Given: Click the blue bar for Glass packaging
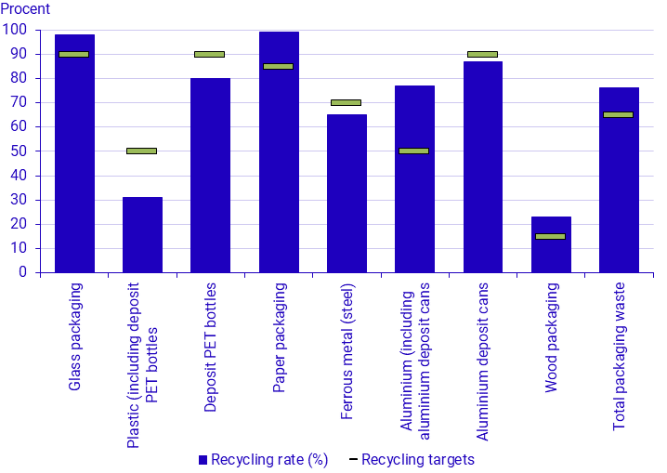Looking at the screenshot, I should pyautogui.click(x=74, y=158).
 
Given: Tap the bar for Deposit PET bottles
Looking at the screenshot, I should pyautogui.click(x=210, y=177).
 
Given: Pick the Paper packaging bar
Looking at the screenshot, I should pyautogui.click(x=279, y=158).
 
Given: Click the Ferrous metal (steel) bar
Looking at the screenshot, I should pyautogui.click(x=347, y=195).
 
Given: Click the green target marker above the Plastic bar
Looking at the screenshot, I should pyautogui.click(x=142, y=151).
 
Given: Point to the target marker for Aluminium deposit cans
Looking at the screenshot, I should pyautogui.click(x=482, y=54).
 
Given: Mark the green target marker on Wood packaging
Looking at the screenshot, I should pyautogui.click(x=550, y=236).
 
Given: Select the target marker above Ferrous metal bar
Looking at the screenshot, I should pyautogui.click(x=346, y=102).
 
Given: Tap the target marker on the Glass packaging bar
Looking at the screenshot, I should pyautogui.click(x=74, y=54).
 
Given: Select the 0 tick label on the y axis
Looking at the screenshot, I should pyautogui.click(x=21, y=272).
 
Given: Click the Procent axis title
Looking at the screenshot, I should pyautogui.click(x=25, y=9).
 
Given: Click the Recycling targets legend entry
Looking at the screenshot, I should pyautogui.click(x=417, y=459).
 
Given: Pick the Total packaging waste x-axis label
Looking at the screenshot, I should pyautogui.click(x=619, y=356).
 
